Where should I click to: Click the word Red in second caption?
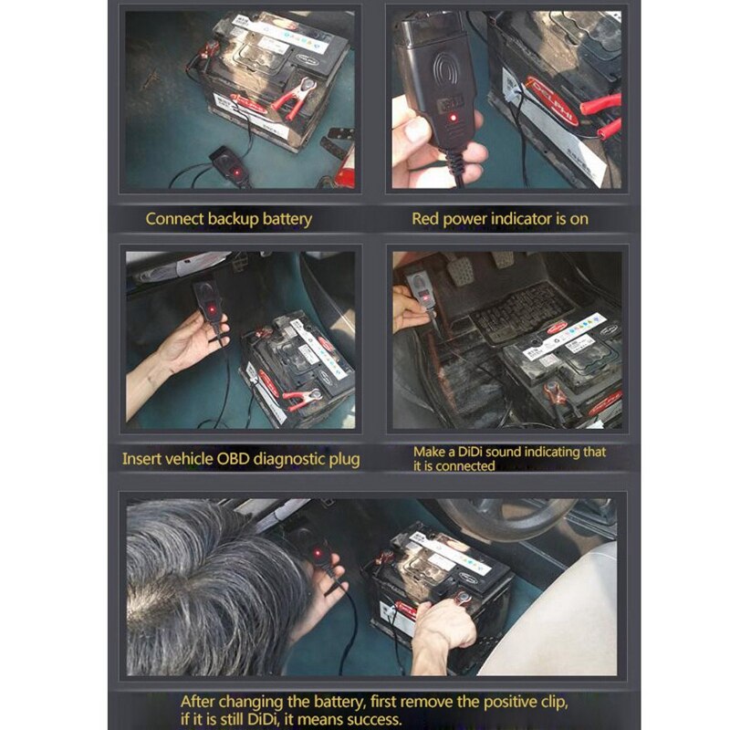click(427, 219)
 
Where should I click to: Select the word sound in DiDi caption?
click(516, 452)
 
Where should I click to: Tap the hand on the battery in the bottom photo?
click(445, 627)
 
